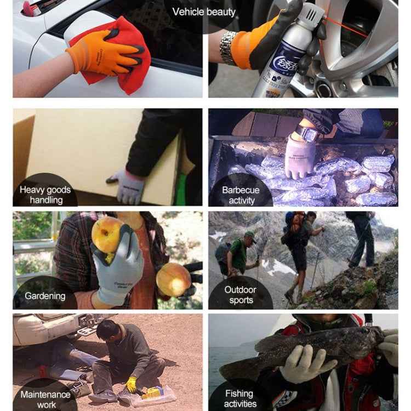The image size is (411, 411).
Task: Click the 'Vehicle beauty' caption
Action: click(204, 12)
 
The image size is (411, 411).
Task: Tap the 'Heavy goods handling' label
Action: click(45, 195)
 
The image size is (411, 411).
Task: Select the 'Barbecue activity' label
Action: click(241, 195)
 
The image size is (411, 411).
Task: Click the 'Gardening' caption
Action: click(45, 296)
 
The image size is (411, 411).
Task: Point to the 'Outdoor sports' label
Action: click(241, 294)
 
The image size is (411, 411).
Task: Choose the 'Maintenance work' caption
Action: click(46, 399)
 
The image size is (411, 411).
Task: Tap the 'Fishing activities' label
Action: click(240, 398)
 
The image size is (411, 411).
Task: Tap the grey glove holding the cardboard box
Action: click(127, 186)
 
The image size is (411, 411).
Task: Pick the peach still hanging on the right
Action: click(173, 278)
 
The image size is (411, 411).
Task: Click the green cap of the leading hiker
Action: click(250, 234)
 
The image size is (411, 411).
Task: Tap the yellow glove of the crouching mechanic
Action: click(132, 384)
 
